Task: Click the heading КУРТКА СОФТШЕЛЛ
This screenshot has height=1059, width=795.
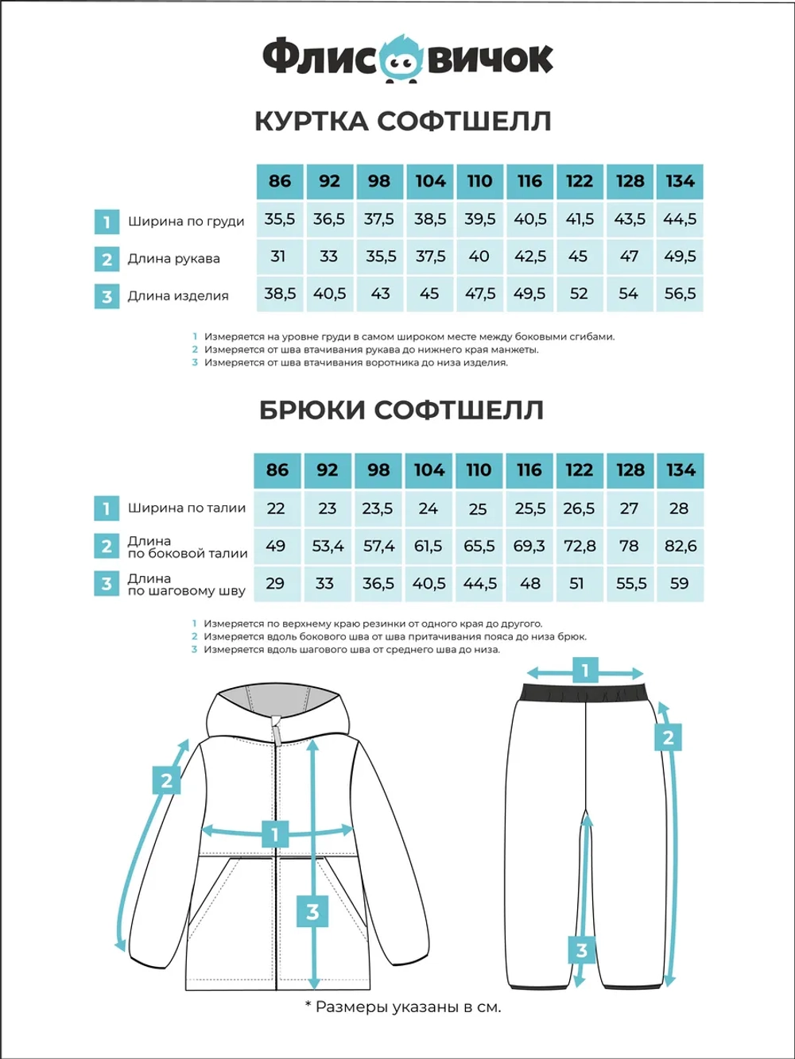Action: click(x=402, y=122)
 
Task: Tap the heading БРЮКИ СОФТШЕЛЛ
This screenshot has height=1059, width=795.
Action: click(x=401, y=410)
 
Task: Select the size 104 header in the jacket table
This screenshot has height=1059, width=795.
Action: click(x=430, y=181)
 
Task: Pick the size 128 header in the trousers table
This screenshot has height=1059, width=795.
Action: click(x=630, y=470)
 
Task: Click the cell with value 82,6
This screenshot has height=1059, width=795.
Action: click(x=680, y=546)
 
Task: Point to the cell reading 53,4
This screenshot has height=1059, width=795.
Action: click(x=328, y=546)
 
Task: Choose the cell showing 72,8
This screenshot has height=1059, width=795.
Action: click(x=579, y=546)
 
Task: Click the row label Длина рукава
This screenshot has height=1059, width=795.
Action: click(x=174, y=258)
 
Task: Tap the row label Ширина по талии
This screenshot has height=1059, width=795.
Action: click(x=187, y=508)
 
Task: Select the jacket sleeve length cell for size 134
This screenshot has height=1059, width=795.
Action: click(x=680, y=257)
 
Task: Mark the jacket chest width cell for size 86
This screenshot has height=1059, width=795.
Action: click(x=280, y=219)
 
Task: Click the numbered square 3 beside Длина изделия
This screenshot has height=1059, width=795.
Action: click(x=107, y=297)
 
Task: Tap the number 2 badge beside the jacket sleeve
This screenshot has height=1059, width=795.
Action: click(x=166, y=780)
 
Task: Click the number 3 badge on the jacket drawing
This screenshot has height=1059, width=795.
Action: click(x=312, y=911)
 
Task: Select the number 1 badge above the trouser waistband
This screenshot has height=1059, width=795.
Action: click(x=585, y=671)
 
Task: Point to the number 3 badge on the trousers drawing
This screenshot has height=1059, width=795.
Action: click(x=582, y=950)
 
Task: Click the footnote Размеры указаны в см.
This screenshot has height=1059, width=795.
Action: click(x=403, y=1007)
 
